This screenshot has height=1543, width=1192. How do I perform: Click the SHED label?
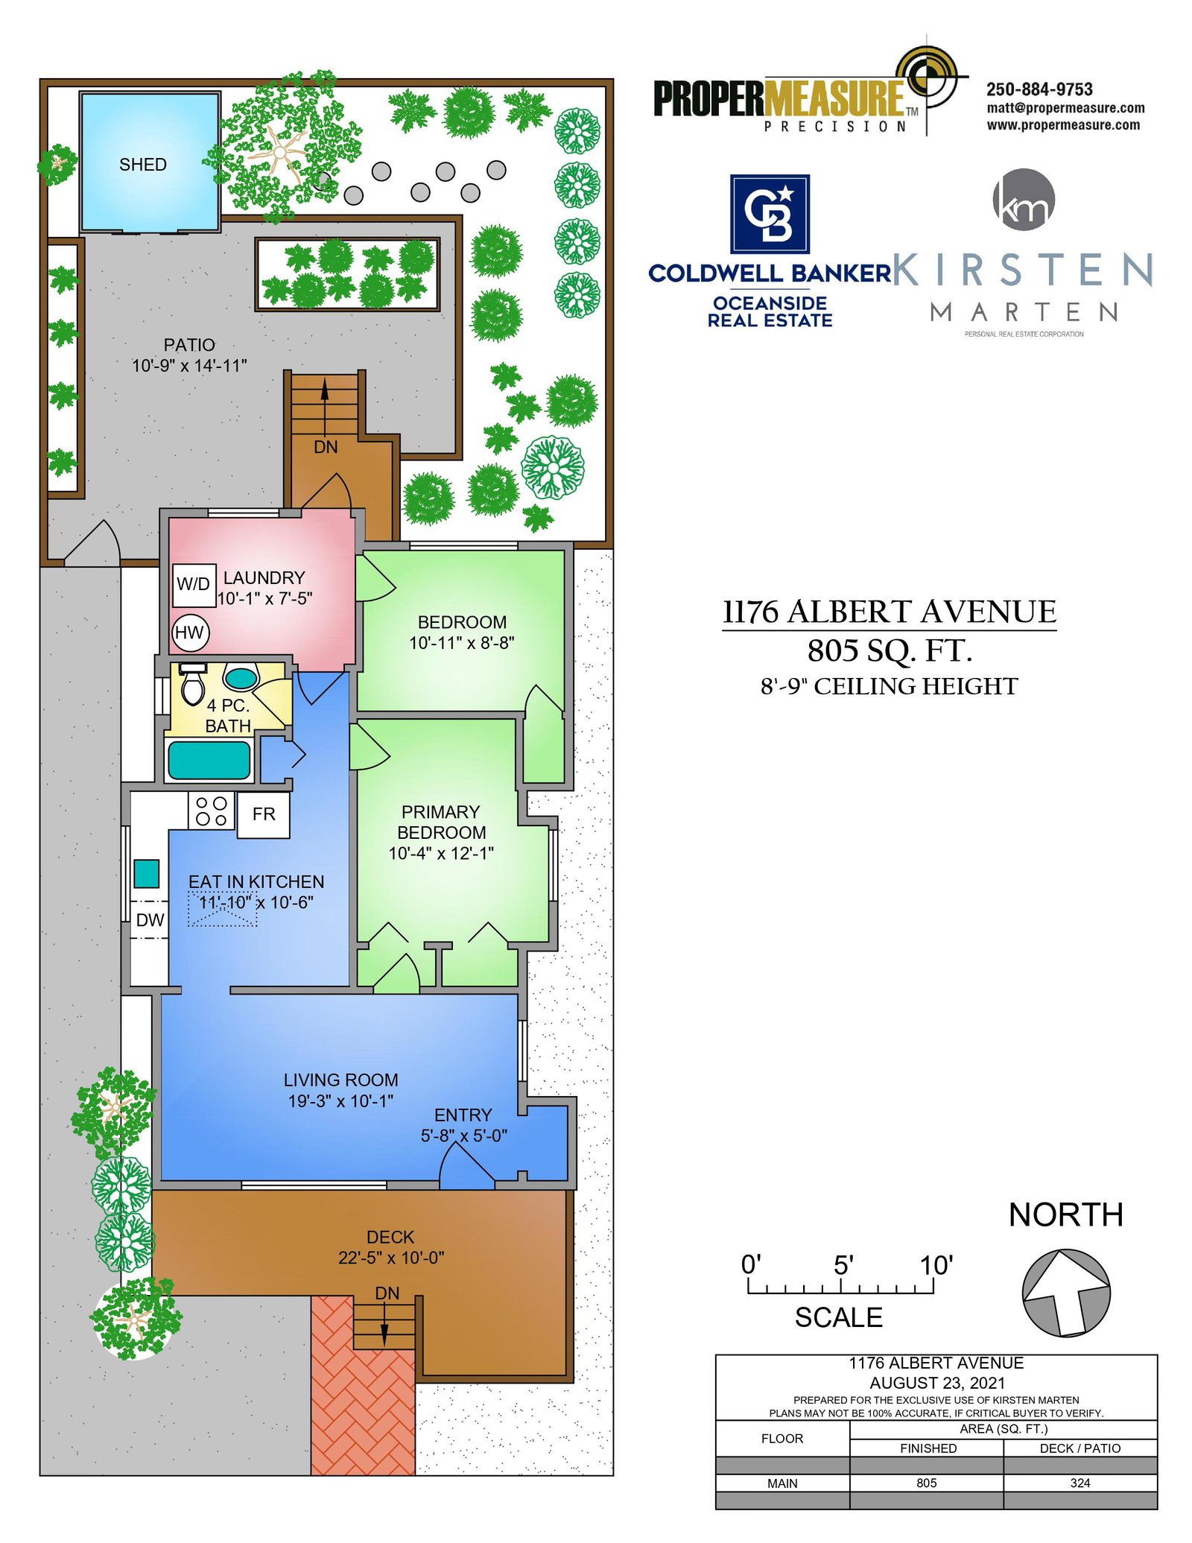tap(142, 165)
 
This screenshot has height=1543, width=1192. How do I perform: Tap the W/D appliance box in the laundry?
tap(194, 584)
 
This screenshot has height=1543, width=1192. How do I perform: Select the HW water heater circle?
tap(190, 633)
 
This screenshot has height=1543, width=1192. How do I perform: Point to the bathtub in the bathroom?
tap(209, 760)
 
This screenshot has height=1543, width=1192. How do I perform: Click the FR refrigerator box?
tap(264, 814)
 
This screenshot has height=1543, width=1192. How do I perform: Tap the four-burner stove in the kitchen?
tap(212, 811)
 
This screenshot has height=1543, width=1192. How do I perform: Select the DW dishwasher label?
tap(150, 920)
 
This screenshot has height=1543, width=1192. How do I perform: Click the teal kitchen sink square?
tap(146, 873)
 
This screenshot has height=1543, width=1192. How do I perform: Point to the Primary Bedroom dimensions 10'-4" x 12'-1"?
tap(441, 853)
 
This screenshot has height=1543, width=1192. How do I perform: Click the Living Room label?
tap(340, 1080)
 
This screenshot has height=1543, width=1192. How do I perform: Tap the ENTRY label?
tap(463, 1115)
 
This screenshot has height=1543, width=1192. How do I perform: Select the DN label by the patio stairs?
tap(326, 447)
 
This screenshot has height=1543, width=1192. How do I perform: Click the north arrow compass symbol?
tap(1065, 1293)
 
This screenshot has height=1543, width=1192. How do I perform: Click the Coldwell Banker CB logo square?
tap(770, 215)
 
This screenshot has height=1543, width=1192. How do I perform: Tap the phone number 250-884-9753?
tap(1039, 89)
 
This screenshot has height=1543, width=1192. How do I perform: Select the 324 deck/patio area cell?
tap(1080, 1483)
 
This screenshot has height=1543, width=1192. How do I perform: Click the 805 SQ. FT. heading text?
tap(890, 650)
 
